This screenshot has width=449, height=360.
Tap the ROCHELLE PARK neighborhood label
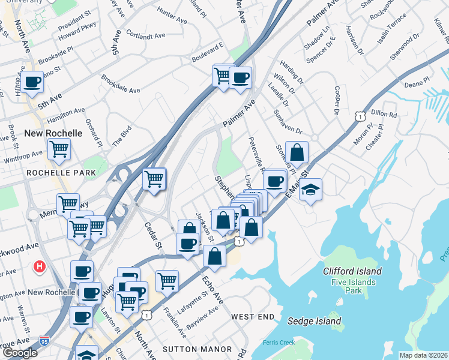(x=61, y=173)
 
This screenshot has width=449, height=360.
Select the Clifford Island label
(x=352, y=271)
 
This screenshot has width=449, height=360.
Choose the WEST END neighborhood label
(x=253, y=316)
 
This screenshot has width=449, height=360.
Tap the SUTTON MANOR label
(x=197, y=349)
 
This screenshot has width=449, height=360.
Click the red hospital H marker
(x=40, y=265)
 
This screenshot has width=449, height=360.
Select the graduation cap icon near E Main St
(x=310, y=190)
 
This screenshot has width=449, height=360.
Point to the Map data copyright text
(x=423, y=355)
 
